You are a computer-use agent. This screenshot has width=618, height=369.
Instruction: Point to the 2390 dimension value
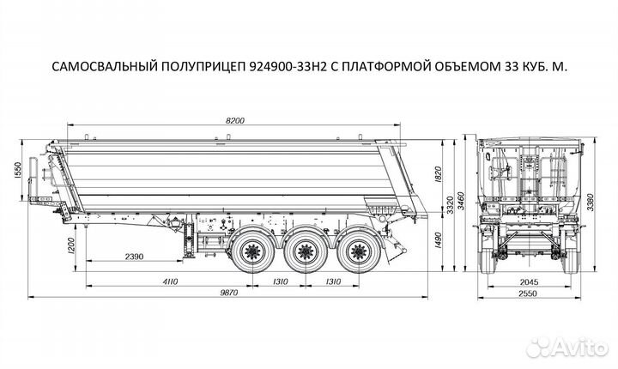coord(134,257)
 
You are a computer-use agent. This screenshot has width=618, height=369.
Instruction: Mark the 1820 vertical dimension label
coord(439,176)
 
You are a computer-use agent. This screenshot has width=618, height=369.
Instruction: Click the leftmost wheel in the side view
coord(254,252)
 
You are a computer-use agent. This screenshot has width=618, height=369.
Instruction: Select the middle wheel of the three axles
coord(303,252)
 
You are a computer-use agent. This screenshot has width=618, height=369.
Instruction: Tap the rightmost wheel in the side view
coord(351,252)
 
